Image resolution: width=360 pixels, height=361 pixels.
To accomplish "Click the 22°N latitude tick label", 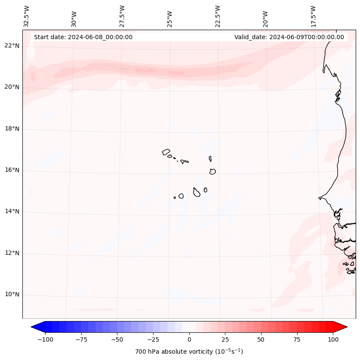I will point(12,46).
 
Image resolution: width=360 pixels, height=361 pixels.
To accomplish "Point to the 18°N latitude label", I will point(12,129).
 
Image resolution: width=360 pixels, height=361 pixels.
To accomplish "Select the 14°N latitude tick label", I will point(12,211).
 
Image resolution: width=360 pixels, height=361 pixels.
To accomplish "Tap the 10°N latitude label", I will point(12,295).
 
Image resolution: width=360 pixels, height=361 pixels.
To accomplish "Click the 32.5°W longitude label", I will point(27,16).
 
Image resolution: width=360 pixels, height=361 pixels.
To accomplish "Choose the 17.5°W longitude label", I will point(313,16).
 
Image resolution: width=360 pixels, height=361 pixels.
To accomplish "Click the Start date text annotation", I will point(83,37).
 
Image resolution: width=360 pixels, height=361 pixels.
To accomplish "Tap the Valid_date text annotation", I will point(289,37).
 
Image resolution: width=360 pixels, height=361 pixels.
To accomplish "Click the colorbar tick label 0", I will point(189,339).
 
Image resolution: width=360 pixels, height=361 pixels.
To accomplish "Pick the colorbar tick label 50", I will point(261,339).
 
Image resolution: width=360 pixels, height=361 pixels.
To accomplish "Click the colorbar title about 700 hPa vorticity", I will point(189,352).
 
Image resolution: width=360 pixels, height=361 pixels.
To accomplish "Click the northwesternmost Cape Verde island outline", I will point(166,152).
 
